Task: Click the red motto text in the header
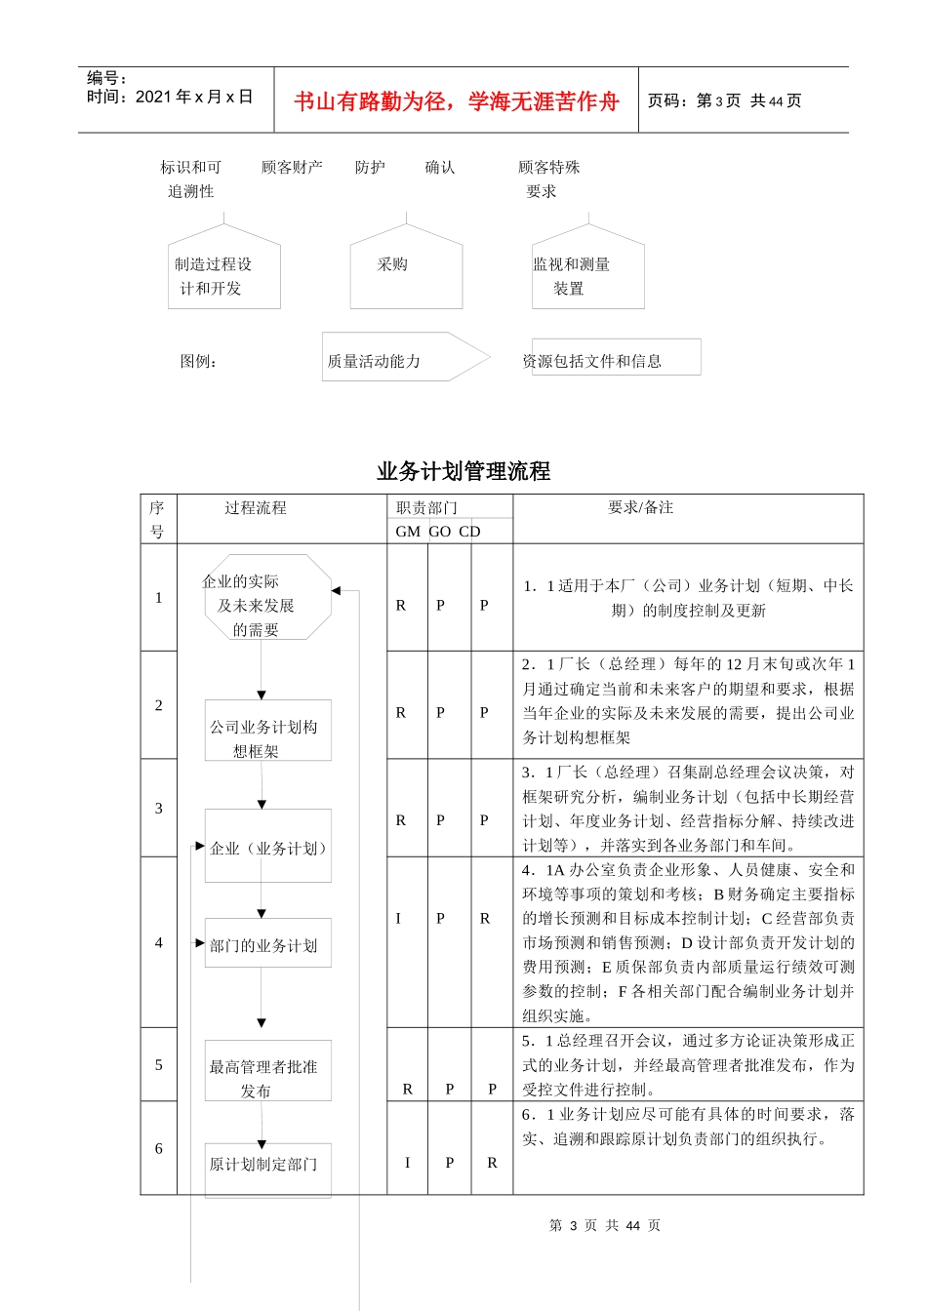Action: click(457, 101)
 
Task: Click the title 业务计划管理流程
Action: click(463, 471)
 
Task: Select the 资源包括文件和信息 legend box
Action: click(615, 358)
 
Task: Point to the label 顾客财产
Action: click(292, 168)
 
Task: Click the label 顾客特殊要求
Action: click(548, 179)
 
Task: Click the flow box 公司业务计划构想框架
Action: click(267, 731)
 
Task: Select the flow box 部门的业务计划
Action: click(267, 943)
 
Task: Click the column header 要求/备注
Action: click(640, 507)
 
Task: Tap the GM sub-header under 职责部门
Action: click(408, 532)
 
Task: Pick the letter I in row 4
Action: click(398, 918)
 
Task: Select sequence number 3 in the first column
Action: click(159, 808)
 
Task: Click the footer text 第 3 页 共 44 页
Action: click(604, 1225)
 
